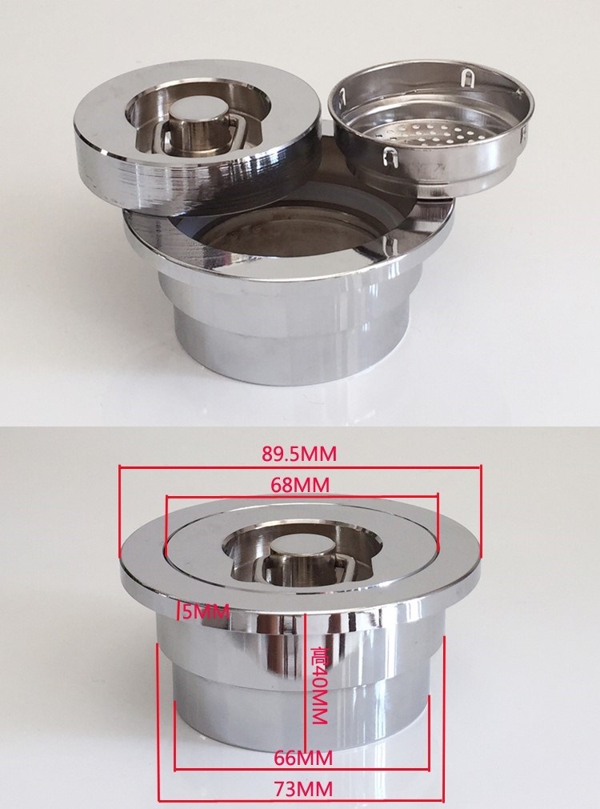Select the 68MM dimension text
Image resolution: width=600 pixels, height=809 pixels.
tap(300, 485)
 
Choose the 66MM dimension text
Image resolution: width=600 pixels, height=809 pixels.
tap(303, 758)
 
